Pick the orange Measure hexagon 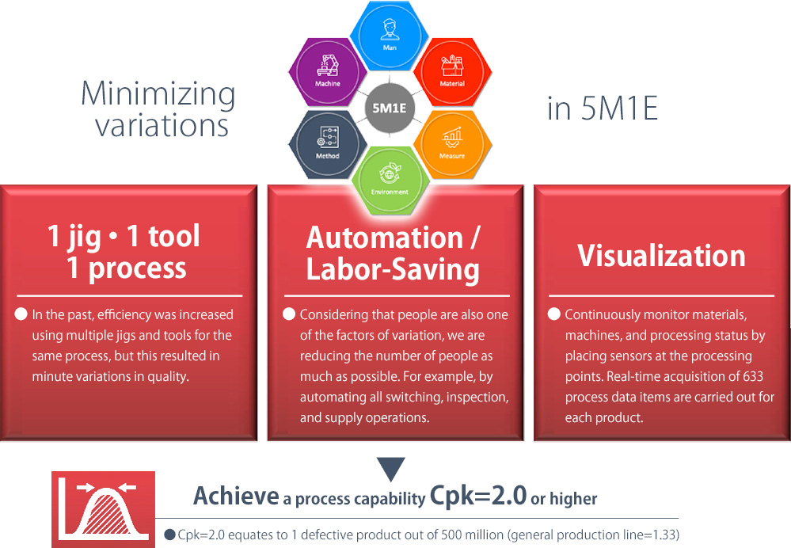452,144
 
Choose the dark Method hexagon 328,144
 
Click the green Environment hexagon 390,180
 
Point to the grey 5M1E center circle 390,108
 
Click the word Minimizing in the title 158,94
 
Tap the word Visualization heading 661,255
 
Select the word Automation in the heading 384,238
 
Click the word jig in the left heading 84,238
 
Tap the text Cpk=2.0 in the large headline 477,496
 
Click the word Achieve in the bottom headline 236,496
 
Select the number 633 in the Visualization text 753,376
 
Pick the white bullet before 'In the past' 21,314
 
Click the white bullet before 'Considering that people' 289,314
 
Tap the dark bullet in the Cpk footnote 170,535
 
